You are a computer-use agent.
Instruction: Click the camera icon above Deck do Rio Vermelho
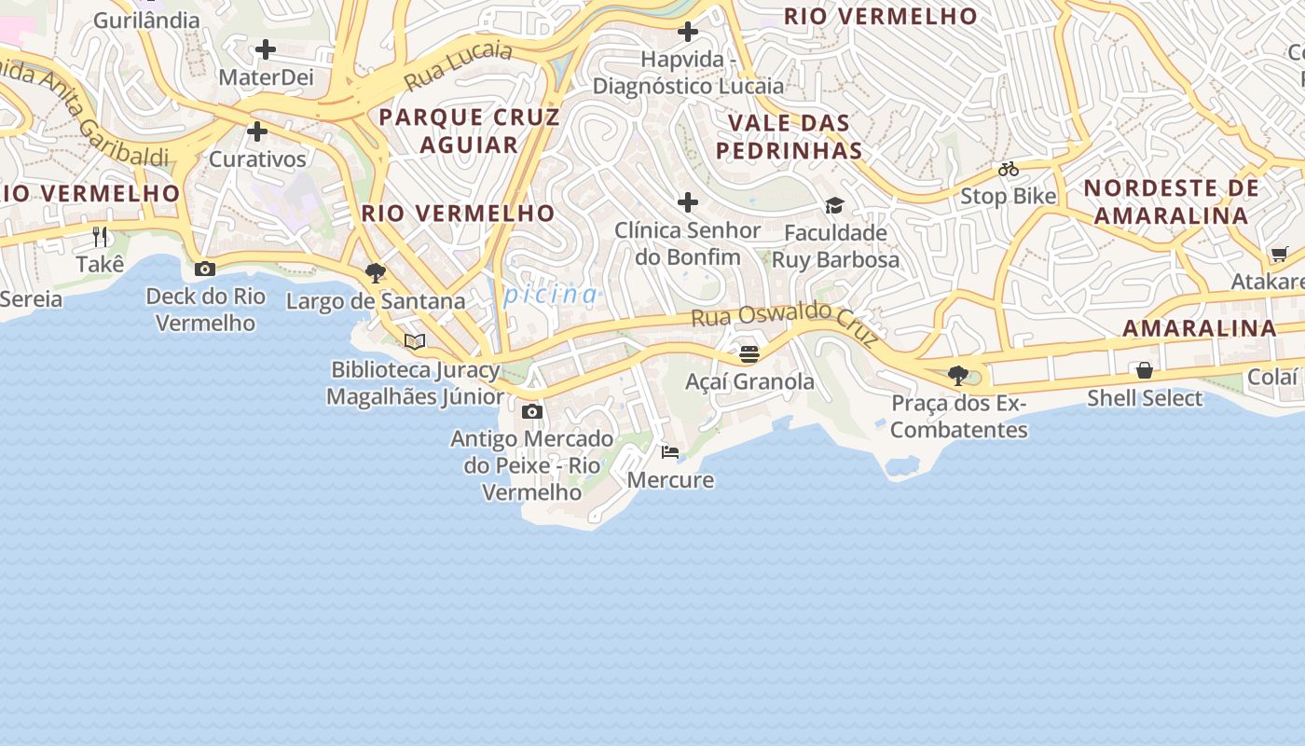pyautogui.click(x=205, y=269)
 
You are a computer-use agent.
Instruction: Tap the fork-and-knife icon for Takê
pyautogui.click(x=101, y=236)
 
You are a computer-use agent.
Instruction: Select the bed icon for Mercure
pyautogui.click(x=670, y=452)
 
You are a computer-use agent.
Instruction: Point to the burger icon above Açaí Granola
pyautogui.click(x=749, y=354)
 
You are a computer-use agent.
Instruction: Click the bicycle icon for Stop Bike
pyautogui.click(x=1009, y=169)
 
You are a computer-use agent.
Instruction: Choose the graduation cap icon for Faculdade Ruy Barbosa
pyautogui.click(x=834, y=205)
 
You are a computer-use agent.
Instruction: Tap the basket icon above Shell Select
pyautogui.click(x=1145, y=370)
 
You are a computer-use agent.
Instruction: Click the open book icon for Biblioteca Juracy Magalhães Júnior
pyautogui.click(x=415, y=342)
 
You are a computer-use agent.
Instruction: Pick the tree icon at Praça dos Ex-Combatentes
pyautogui.click(x=957, y=376)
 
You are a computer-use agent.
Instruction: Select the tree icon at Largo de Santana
pyautogui.click(x=376, y=273)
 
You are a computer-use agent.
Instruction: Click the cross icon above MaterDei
pyautogui.click(x=266, y=49)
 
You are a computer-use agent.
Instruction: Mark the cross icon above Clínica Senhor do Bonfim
pyautogui.click(x=688, y=202)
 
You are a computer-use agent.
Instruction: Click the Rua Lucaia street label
pyautogui.click(x=459, y=66)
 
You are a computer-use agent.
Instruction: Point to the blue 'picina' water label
pyautogui.click(x=551, y=295)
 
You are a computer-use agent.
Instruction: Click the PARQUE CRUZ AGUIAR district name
pyautogui.click(x=469, y=131)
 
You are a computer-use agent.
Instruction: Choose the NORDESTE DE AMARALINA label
pyautogui.click(x=1171, y=201)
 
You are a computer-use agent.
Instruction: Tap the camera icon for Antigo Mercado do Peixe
pyautogui.click(x=532, y=411)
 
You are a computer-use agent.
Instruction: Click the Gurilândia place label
pyautogui.click(x=146, y=20)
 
